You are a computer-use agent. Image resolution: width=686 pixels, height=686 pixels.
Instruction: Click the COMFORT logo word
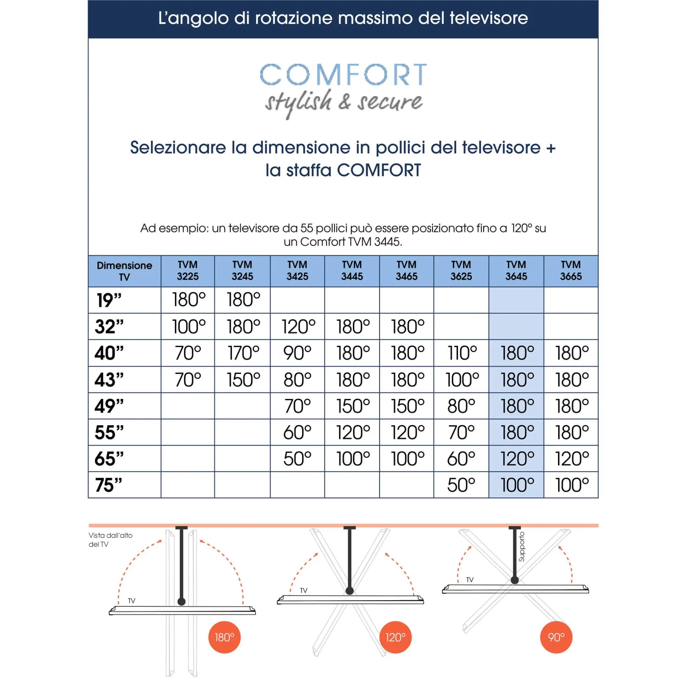[x=343, y=74]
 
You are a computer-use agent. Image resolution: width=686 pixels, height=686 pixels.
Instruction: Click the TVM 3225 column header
[x=188, y=271]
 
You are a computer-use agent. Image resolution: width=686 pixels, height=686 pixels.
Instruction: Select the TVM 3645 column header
[x=516, y=271]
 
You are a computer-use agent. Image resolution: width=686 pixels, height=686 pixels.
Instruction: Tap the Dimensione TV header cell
[x=124, y=271]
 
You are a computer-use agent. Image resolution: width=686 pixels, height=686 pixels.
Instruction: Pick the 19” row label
[x=109, y=300]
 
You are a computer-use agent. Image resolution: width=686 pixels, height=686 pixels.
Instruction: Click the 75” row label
[x=109, y=485]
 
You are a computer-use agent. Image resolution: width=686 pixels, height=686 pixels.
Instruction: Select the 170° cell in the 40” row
[x=243, y=353]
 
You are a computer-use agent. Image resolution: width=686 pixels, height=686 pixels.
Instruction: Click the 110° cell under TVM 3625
[x=462, y=353]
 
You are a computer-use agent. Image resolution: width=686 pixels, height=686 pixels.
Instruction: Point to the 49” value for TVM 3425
[x=297, y=406]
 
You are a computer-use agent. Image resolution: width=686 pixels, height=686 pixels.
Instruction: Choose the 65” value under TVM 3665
[x=571, y=458]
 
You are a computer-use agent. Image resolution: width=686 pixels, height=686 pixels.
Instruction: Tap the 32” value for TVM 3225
[x=188, y=327]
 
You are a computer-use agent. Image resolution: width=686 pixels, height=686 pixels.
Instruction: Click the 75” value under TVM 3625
[x=461, y=485]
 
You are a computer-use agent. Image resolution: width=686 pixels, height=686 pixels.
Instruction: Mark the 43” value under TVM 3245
[x=243, y=380]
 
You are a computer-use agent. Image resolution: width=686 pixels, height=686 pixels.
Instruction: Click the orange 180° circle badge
[x=224, y=637]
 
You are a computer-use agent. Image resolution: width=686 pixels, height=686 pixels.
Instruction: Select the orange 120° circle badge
[x=395, y=637]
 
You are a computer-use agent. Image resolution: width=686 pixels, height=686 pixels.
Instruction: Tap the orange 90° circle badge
[x=556, y=637]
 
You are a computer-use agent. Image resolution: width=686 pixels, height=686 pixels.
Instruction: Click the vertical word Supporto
[x=521, y=547]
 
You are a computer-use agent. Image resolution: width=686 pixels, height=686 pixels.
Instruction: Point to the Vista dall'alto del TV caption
[x=110, y=540]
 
